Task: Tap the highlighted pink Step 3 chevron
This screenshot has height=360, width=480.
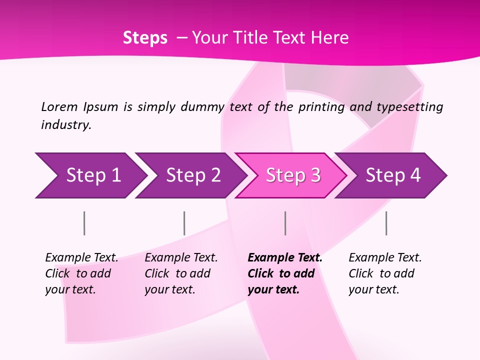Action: coord(293,175)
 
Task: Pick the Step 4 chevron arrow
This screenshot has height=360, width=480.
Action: coord(393,175)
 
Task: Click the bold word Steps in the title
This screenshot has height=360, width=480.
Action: coord(145,38)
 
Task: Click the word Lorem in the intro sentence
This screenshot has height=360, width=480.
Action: coord(59,106)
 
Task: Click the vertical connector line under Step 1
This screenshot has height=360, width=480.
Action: coord(84,223)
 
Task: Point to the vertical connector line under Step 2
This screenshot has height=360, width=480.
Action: coord(184,223)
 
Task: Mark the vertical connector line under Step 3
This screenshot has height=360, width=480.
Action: coord(285,223)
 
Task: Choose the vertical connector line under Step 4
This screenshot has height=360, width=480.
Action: coord(386,223)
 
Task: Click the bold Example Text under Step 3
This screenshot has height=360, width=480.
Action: coord(285,258)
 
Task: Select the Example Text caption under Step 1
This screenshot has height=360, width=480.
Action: coord(81,258)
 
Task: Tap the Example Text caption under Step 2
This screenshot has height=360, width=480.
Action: coord(181,258)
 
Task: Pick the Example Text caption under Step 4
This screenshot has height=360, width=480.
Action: coord(385,258)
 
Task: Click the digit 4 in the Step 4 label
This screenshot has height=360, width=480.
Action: coord(415,175)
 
